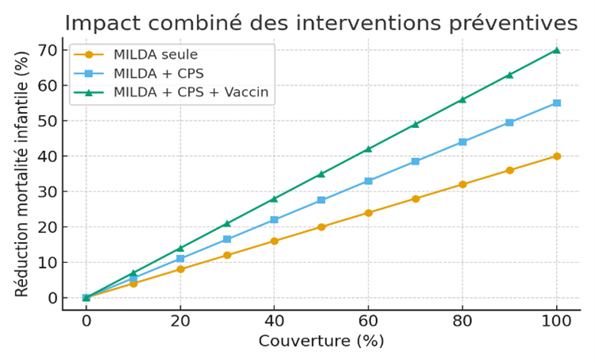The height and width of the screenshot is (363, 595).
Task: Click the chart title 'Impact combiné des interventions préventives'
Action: tap(321, 23)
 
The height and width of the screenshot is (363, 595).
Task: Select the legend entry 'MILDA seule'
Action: tap(156, 55)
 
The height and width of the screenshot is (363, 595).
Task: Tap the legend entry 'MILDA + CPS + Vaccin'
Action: tap(191, 92)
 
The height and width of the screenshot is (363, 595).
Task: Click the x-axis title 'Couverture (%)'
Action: tap(321, 341)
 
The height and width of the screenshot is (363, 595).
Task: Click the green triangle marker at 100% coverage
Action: tap(556, 50)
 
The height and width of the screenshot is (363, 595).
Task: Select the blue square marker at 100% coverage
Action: tap(556, 103)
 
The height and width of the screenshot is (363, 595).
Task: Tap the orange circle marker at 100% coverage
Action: tap(556, 156)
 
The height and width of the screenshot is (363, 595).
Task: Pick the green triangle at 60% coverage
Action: tap(368, 149)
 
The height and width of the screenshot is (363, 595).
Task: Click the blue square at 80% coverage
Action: tap(462, 142)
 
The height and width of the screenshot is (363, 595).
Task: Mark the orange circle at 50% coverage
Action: tap(321, 226)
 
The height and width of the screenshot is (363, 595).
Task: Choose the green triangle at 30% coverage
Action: tap(227, 223)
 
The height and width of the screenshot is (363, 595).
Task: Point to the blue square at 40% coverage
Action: tap(274, 220)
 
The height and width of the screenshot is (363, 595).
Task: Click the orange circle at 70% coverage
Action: tap(415, 199)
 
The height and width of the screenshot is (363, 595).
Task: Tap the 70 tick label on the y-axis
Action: tap(47, 50)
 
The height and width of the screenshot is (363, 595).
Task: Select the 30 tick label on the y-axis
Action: tap(47, 191)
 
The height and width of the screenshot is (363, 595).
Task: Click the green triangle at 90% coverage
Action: tap(509, 75)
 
